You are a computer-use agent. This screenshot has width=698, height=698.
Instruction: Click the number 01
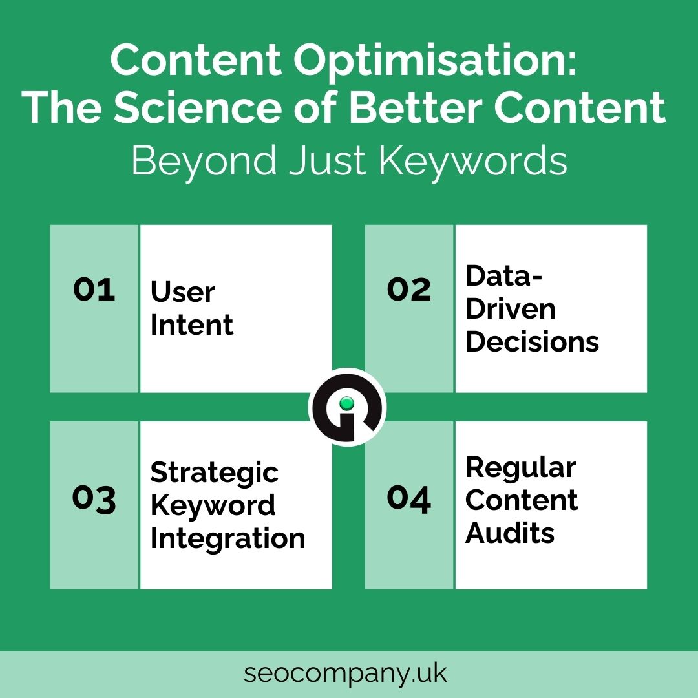pos(94,290)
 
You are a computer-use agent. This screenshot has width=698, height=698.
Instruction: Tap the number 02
pos(409,290)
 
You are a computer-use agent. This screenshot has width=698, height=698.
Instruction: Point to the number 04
pos(408,498)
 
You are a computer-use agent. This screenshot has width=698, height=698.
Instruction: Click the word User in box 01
pos(183,292)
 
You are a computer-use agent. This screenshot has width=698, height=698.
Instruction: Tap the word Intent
pos(192,324)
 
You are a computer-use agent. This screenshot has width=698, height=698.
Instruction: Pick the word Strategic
pos(215,472)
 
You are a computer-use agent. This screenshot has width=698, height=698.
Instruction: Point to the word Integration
pos(228,538)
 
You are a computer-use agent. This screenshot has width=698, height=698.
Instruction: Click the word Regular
pos(521,469)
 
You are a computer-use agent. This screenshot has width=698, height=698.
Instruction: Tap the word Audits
pos(510,533)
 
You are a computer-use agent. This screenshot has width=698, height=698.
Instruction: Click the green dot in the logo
pos(347,403)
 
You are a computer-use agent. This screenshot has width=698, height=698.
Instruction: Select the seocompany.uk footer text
pos(345,673)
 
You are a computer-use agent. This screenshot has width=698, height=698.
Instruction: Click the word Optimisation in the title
pos(434,61)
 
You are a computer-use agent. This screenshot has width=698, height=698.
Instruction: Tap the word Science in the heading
pos(198,107)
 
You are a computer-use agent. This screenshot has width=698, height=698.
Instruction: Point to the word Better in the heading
pos(416,107)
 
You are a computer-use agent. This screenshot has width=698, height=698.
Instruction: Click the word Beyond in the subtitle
pos(204,161)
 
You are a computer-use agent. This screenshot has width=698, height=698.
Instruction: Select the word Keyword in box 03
pos(213,505)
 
